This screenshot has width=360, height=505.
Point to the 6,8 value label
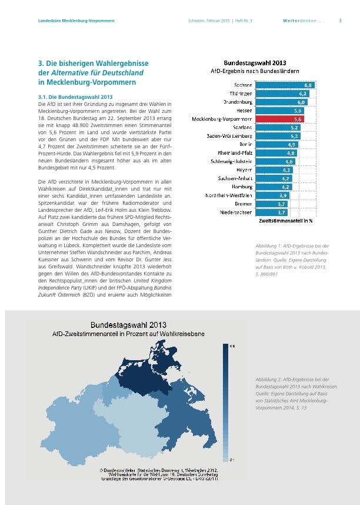[x=308, y=85]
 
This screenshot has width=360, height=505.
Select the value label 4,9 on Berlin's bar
[x=291, y=144]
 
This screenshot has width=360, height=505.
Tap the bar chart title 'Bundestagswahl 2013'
[x=255, y=62]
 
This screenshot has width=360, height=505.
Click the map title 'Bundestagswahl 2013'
[x=128, y=324]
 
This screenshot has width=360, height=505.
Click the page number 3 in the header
[x=340, y=21]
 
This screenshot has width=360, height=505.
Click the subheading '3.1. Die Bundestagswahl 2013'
[x=75, y=97]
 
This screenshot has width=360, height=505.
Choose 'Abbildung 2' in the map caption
[x=261, y=381]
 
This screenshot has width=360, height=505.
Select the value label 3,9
[x=283, y=195]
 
